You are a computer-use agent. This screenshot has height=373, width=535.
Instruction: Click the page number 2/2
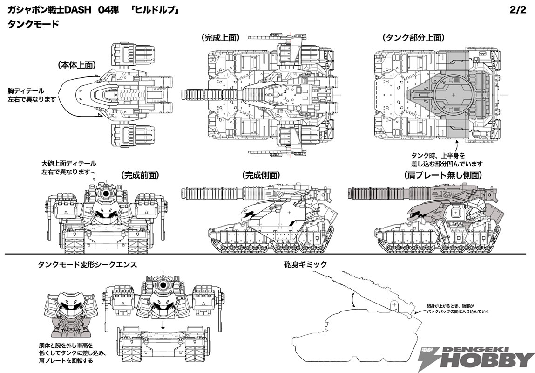tap(518, 10)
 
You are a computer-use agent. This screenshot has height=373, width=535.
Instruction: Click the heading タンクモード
tap(33, 24)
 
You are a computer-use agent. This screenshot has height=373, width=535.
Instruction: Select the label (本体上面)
tap(76, 65)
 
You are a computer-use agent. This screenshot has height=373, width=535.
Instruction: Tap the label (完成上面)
tap(220, 37)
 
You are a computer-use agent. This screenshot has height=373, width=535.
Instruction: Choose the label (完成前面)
tap(140, 175)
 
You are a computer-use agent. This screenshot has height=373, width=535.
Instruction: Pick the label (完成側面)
tap(261, 175)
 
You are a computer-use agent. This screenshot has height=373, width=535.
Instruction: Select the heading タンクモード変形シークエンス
tap(88, 264)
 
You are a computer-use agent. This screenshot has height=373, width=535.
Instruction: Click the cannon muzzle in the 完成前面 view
tap(107, 193)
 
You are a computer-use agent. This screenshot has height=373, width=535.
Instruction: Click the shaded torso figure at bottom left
tap(71, 312)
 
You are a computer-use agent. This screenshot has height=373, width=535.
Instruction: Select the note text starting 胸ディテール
tap(31, 95)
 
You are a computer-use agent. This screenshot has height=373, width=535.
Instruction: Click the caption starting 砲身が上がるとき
tap(458, 309)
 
